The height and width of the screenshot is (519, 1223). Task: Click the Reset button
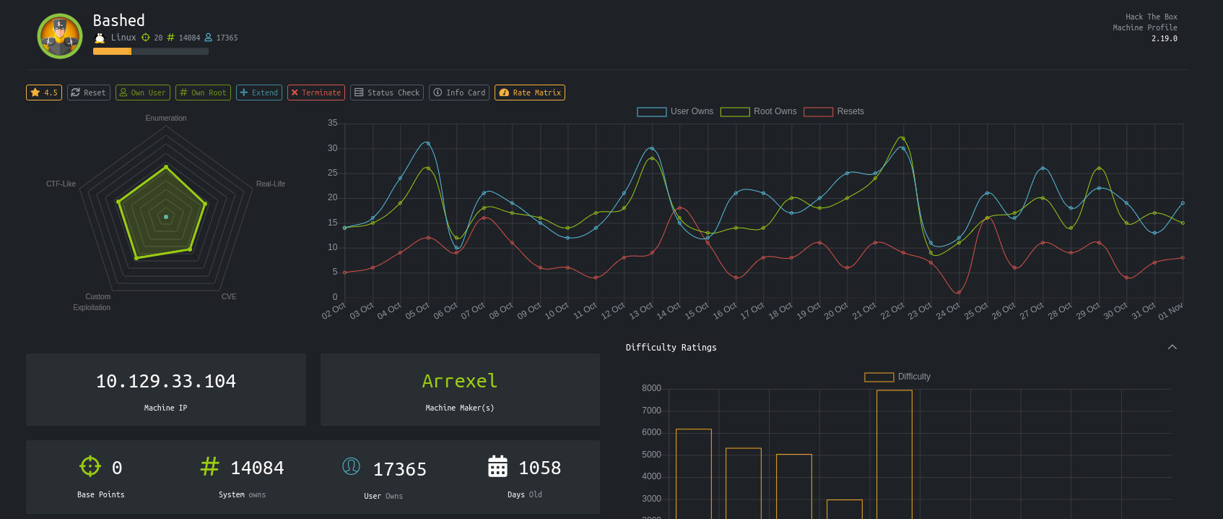89,93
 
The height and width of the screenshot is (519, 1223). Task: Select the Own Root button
203,93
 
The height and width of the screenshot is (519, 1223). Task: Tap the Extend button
258,93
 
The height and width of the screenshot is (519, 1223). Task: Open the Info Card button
459,93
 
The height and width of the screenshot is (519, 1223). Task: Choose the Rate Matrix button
530,93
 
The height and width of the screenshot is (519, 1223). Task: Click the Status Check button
387,93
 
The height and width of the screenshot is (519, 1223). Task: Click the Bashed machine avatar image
59,36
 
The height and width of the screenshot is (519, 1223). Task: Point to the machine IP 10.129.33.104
166,381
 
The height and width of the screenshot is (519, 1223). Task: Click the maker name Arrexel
460,381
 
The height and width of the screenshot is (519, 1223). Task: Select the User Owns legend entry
675,111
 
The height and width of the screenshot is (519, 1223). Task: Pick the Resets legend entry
834,111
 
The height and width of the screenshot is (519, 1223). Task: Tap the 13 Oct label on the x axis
641,311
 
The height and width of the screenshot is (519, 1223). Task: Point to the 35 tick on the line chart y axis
333,123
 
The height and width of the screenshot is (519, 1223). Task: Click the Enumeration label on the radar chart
166,118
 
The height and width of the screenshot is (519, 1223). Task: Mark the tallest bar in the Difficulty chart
895,455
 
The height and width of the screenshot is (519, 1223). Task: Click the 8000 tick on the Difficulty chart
651,388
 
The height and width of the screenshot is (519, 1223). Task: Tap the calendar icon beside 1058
497,466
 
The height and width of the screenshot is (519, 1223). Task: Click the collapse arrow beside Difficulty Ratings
1172,347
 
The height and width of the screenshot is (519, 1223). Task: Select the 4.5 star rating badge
43,93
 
